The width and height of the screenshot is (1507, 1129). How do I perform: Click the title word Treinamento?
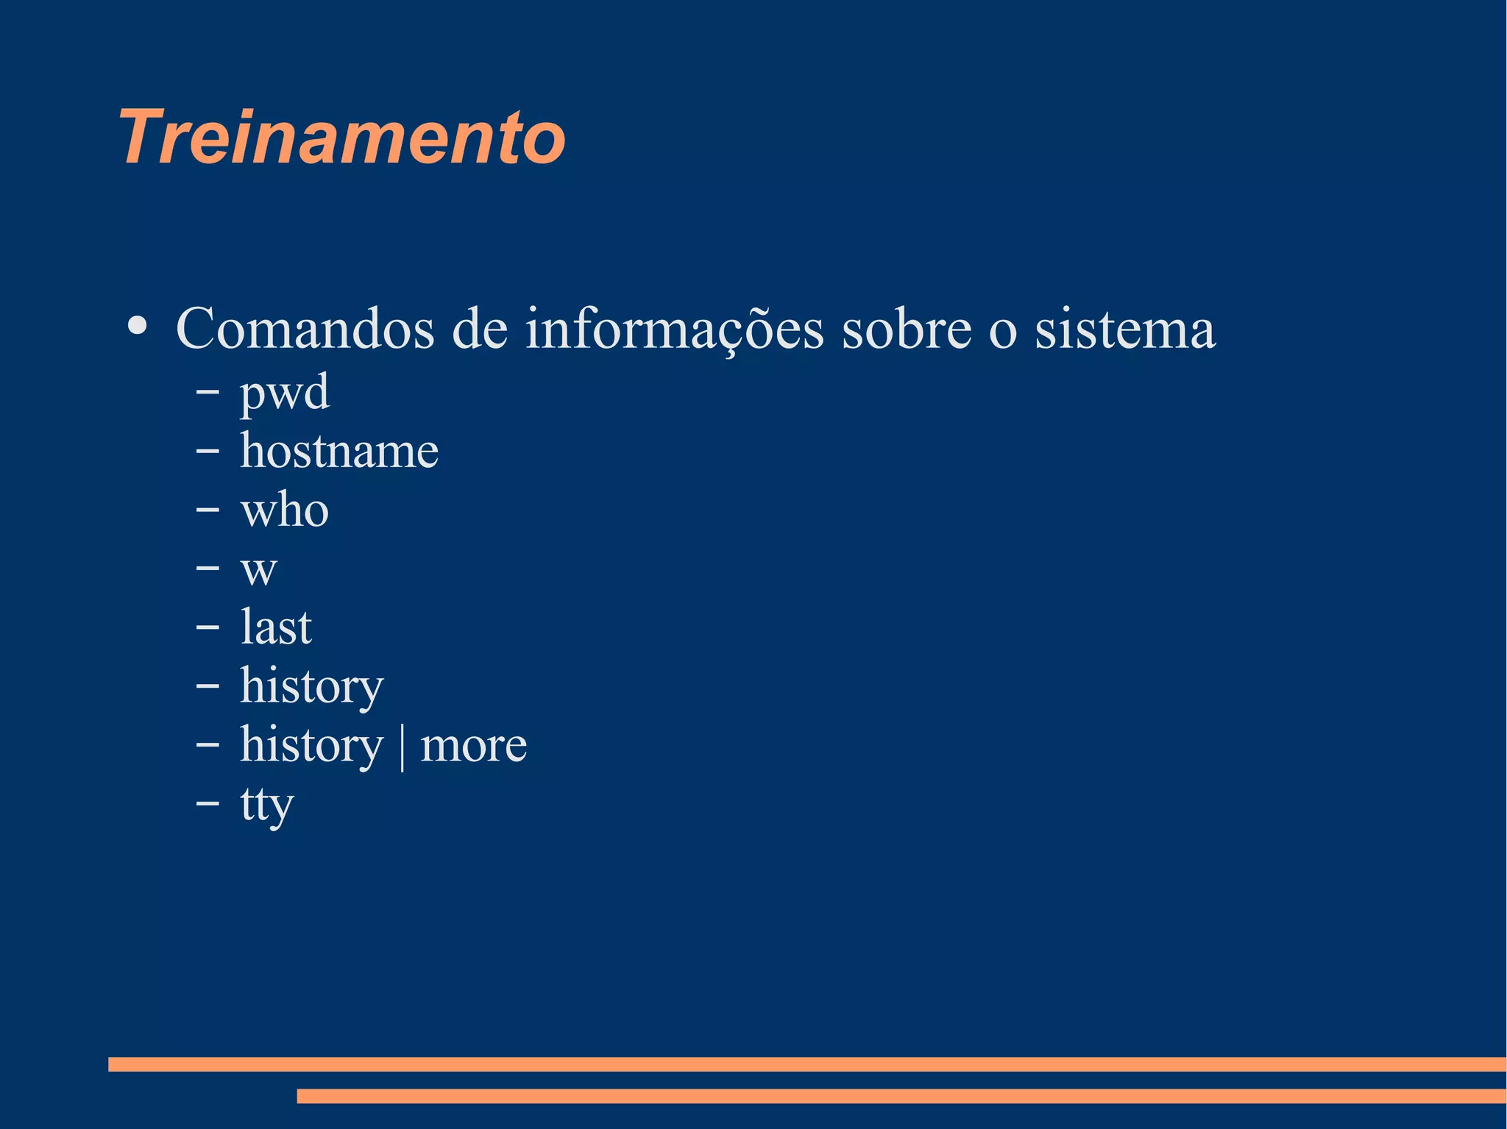pyautogui.click(x=341, y=138)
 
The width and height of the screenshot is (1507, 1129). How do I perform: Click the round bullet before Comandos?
pyautogui.click(x=137, y=326)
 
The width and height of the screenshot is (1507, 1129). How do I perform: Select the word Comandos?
pyautogui.click(x=305, y=329)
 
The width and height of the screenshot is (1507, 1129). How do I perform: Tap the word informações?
pyautogui.click(x=674, y=329)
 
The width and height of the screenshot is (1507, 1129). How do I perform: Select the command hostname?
pyautogui.click(x=339, y=450)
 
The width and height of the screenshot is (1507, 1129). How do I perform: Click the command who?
pyautogui.click(x=285, y=509)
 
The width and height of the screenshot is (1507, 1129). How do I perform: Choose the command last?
pyautogui.click(x=276, y=627)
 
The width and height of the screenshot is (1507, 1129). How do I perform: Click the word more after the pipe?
pyautogui.click(x=473, y=744)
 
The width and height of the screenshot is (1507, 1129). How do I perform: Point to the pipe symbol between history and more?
pyautogui.click(x=402, y=746)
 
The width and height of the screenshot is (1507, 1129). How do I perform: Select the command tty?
pyautogui.click(x=267, y=804)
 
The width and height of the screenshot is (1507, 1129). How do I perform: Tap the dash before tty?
pyautogui.click(x=208, y=803)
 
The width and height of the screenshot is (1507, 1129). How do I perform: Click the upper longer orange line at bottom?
pyautogui.click(x=806, y=1064)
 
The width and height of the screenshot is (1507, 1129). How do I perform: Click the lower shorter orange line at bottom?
pyautogui.click(x=901, y=1096)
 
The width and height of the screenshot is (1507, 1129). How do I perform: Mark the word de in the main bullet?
pyautogui.click(x=480, y=329)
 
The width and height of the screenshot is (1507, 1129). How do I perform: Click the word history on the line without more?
pyautogui.click(x=312, y=685)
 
